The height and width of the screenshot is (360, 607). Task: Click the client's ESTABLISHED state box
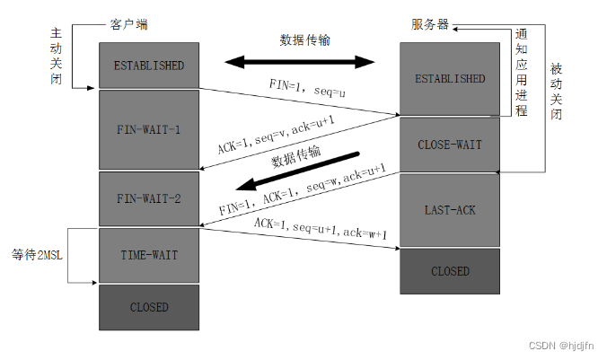tap(148, 66)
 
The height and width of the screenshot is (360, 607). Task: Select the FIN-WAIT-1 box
tap(148, 129)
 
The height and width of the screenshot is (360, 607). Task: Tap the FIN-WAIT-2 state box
tap(148, 198)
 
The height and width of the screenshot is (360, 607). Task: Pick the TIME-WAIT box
tap(148, 255)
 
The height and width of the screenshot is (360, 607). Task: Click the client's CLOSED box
tap(148, 306)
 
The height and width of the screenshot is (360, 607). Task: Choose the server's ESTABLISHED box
tap(450, 79)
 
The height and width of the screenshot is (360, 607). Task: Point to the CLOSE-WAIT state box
tap(450, 145)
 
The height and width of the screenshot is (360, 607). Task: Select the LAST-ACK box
tap(450, 210)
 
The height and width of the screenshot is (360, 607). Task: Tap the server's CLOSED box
tap(450, 270)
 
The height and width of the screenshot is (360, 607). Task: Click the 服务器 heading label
tap(431, 25)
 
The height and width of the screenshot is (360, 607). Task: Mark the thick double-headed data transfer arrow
tap(299, 62)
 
